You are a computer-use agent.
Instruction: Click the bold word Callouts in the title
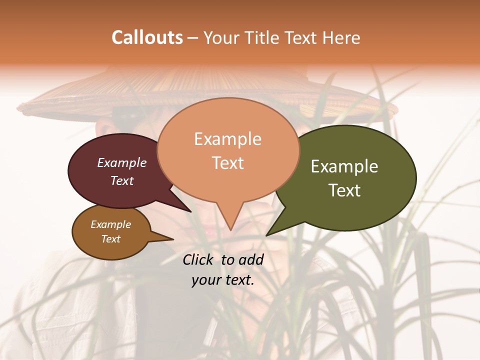pyautogui.click(x=147, y=37)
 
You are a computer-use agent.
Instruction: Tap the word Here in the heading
pyautogui.click(x=342, y=37)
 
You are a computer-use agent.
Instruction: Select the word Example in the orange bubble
pyautogui.click(x=227, y=139)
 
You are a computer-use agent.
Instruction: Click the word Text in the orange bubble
pyautogui.click(x=227, y=163)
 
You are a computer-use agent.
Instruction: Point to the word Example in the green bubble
pyautogui.click(x=344, y=166)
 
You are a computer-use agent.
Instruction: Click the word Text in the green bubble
pyautogui.click(x=344, y=190)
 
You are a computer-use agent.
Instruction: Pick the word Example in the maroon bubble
pyautogui.click(x=122, y=162)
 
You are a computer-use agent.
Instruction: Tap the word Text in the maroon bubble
pyautogui.click(x=122, y=180)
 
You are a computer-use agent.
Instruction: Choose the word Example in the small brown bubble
pyautogui.click(x=111, y=224)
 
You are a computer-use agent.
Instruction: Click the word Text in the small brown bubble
pyautogui.click(x=111, y=239)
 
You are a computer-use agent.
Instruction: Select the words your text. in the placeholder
pyautogui.click(x=222, y=280)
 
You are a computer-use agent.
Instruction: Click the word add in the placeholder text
pyautogui.click(x=251, y=259)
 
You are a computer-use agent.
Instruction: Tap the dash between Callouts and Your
pyautogui.click(x=193, y=38)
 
